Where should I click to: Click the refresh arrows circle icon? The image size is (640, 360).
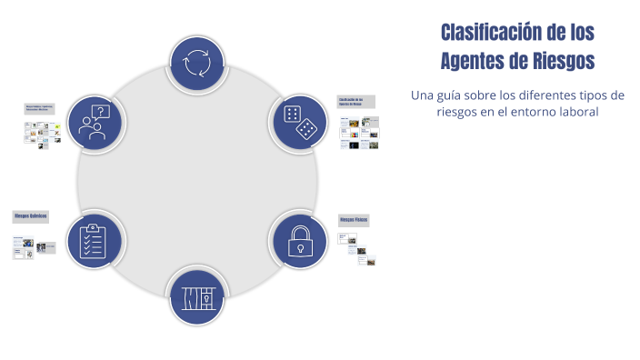point(197,64)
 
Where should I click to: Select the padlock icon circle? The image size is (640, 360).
point(298,240)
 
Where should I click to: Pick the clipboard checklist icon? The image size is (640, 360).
point(95,240)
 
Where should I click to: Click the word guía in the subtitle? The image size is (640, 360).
point(450,95)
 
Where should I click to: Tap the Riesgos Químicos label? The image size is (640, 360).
point(30,216)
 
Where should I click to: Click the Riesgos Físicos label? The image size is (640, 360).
point(354,220)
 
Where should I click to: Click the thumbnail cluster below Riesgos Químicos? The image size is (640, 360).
point(34,248)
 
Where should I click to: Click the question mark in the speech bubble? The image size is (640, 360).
point(102,112)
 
